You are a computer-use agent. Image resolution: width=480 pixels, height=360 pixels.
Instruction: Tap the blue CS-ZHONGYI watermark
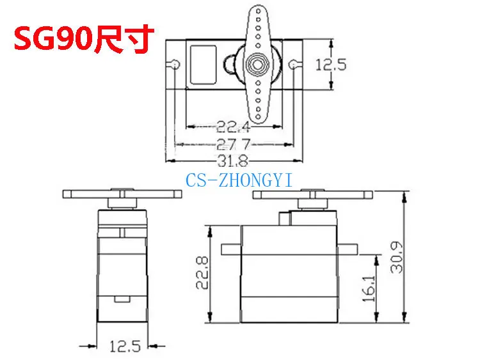pos(239,180)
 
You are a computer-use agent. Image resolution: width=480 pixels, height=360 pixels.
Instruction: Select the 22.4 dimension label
pos(233,127)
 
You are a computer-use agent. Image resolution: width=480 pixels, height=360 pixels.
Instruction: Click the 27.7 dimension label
pos(233,144)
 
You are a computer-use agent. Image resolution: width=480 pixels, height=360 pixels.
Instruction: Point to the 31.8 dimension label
pos(233,161)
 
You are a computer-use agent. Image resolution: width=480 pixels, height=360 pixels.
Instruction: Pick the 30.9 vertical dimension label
pos(397,257)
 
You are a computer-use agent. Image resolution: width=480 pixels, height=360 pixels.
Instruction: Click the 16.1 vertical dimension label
pos(369,289)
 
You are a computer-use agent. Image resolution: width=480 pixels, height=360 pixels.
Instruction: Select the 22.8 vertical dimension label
pos(202,273)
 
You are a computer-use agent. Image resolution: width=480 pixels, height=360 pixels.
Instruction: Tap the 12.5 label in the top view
pos(331,65)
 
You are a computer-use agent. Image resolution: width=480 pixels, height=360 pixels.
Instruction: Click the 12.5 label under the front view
pos(125,346)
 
